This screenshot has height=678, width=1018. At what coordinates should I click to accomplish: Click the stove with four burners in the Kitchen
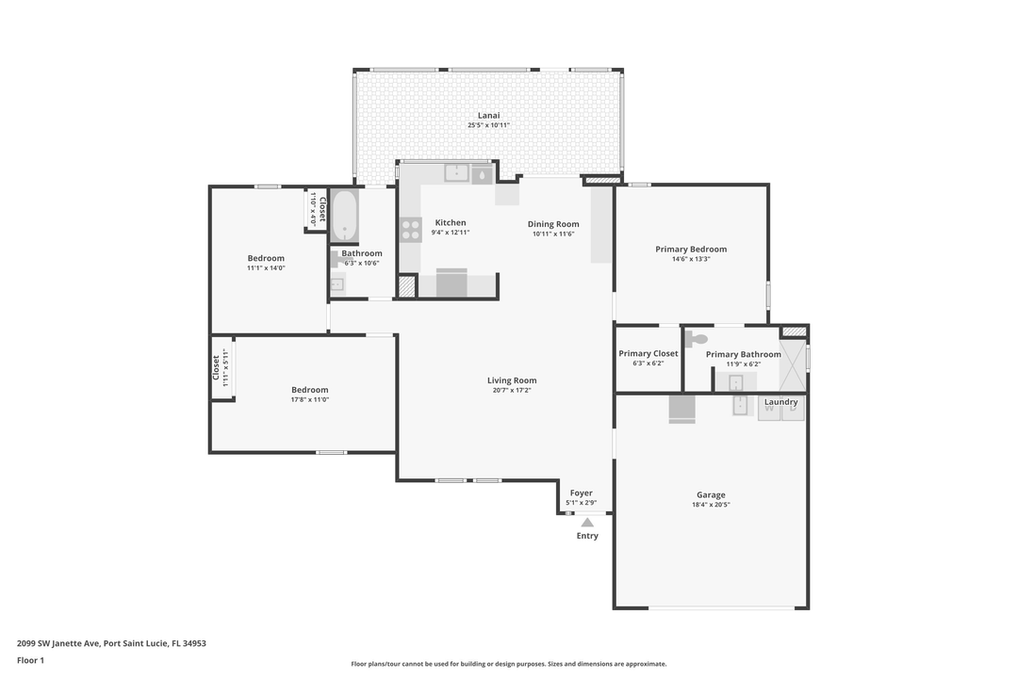[x=411, y=230]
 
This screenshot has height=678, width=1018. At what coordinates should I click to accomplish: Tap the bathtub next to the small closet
[x=344, y=216]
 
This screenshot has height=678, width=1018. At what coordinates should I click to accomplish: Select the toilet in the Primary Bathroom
[x=698, y=340]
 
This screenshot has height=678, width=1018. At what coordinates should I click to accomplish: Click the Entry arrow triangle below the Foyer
[x=587, y=522]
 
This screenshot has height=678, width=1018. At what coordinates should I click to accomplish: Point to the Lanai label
[x=488, y=115]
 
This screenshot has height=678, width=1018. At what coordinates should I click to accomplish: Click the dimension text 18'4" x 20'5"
[x=711, y=505]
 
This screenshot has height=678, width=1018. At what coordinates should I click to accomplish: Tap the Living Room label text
[x=512, y=380]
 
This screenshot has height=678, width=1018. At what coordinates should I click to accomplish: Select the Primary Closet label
[x=649, y=354]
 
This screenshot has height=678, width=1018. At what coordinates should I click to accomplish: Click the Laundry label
[x=781, y=402]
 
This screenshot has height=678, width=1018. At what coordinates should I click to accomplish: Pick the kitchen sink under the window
[x=457, y=172]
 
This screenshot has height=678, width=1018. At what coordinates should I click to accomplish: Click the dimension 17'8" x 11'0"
[x=309, y=399]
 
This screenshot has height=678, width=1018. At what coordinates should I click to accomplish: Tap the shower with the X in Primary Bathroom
[x=793, y=366]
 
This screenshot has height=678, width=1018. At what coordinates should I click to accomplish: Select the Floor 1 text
[x=30, y=660]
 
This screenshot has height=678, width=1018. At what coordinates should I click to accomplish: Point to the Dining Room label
[x=553, y=224]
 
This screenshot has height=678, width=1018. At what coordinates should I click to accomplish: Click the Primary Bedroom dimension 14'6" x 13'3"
[x=691, y=259]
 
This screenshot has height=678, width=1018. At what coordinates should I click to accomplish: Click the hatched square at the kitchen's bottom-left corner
[x=407, y=286]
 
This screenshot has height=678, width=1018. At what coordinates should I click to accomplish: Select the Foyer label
[x=581, y=492]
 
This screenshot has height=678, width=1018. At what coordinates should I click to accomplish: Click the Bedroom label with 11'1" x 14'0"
[x=266, y=258]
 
